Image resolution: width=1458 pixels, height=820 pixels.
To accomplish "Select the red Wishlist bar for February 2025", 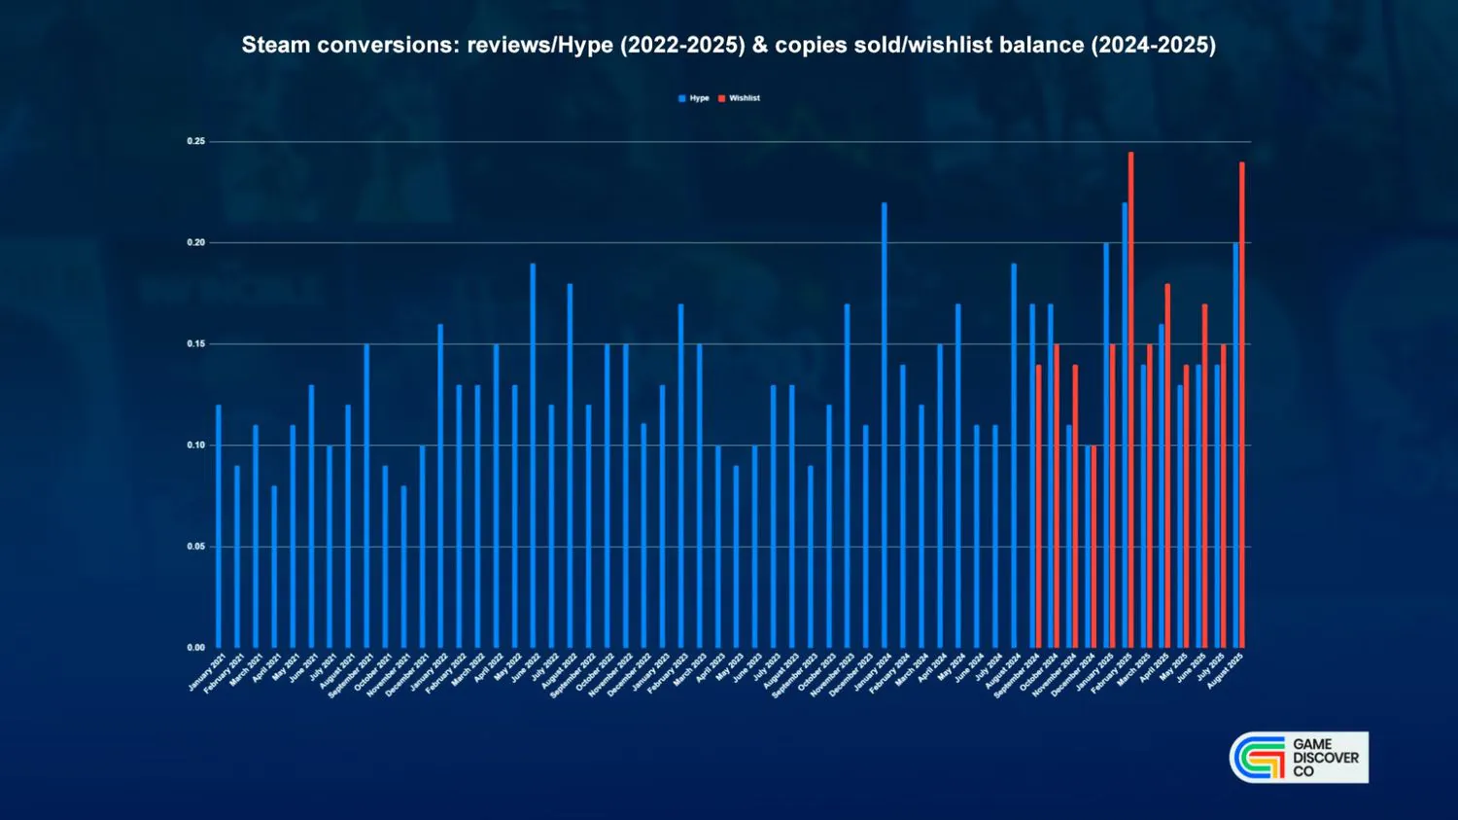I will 1131,400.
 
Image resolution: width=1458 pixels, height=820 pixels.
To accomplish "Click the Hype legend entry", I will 694,98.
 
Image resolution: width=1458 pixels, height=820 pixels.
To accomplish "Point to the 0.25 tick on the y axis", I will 196,142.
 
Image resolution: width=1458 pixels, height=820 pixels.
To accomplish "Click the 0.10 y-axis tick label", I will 196,446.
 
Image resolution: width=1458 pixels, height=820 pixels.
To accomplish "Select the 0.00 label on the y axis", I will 196,648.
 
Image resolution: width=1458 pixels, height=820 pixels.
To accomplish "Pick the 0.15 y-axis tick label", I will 196,344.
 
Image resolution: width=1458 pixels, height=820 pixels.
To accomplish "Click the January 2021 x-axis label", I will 207,673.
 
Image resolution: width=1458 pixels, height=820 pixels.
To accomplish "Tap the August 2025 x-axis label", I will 1226,671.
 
